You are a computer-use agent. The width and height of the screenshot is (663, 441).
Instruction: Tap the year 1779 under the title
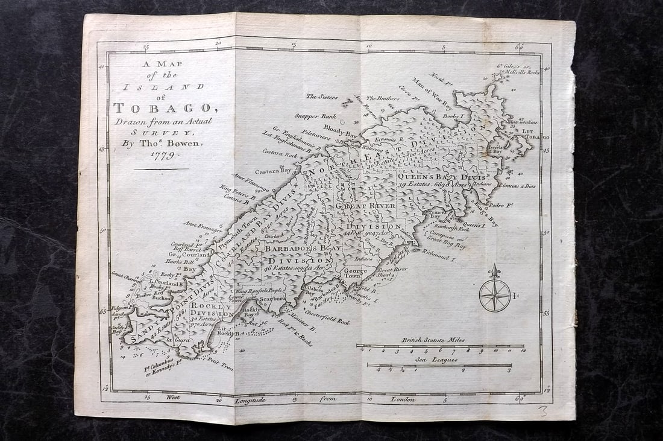point(161,155)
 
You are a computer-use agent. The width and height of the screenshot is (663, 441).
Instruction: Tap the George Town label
point(352,273)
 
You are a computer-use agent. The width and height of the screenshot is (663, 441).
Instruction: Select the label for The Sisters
point(321,96)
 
